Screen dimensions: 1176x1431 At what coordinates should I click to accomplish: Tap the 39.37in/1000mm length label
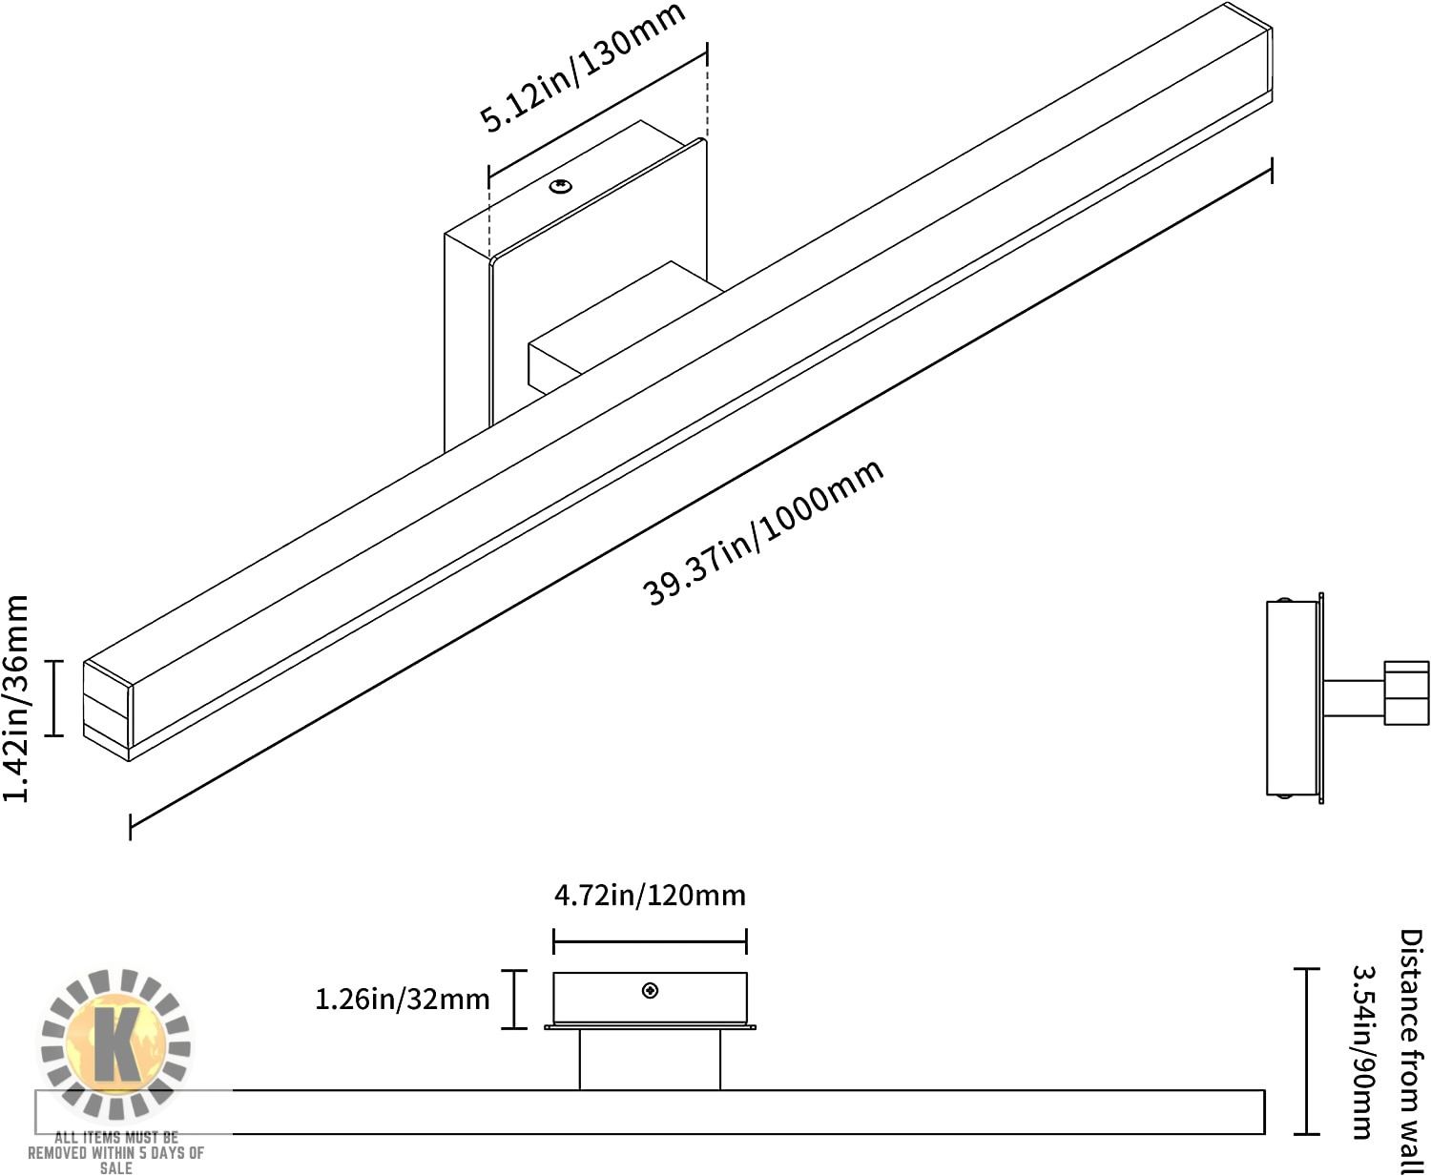pyautogui.click(x=764, y=534)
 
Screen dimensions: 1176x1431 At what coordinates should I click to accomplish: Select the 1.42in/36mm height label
pyautogui.click(x=17, y=698)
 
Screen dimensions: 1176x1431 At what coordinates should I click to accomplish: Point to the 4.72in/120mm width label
pyautogui.click(x=650, y=896)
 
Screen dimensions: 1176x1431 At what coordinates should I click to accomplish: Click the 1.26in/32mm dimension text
pyautogui.click(x=402, y=999)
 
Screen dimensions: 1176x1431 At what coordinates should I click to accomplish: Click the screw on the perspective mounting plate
pyautogui.click(x=560, y=186)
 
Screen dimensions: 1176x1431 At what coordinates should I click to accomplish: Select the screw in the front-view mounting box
pyautogui.click(x=650, y=991)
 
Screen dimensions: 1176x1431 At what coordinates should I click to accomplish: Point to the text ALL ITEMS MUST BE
pyautogui.click(x=116, y=1137)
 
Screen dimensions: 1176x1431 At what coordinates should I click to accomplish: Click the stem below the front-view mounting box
pyautogui.click(x=650, y=1060)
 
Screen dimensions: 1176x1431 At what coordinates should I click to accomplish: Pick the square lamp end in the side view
pyautogui.click(x=1406, y=693)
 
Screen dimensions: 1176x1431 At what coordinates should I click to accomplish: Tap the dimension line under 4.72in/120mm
pyautogui.click(x=650, y=941)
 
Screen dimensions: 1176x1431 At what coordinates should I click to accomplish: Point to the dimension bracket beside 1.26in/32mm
pyautogui.click(x=515, y=999)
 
